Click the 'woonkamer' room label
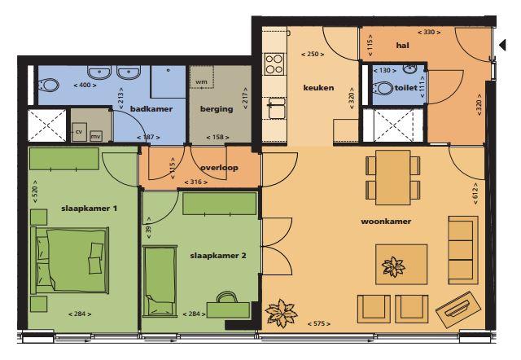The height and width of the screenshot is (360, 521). tap(386, 222)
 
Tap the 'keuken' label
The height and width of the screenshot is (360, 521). tap(318, 88)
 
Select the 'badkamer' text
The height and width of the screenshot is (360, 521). tap(151, 109)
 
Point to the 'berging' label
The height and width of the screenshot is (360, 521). tap(217, 109)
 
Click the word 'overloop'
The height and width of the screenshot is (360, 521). tap(219, 168)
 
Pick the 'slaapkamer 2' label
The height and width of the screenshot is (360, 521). tap(218, 256)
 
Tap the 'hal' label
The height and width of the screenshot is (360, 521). tap(402, 46)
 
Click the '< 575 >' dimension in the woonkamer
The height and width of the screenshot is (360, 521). tap(318, 323)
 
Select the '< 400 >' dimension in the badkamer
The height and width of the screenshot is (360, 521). tap(85, 85)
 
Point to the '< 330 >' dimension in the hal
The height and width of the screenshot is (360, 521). tap(429, 33)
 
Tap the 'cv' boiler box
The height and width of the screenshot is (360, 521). tap(79, 132)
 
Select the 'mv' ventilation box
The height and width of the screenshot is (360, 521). tap(96, 136)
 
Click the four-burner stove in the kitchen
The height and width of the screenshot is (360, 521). tap(274, 64)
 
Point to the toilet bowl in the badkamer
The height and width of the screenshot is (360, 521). tap(49, 86)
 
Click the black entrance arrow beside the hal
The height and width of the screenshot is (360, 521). tap(503, 45)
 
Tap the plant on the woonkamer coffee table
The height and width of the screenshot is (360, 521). tap(393, 266)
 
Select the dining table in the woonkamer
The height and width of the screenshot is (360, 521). tap(393, 178)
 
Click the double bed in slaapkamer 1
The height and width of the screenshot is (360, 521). tap(70, 261)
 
